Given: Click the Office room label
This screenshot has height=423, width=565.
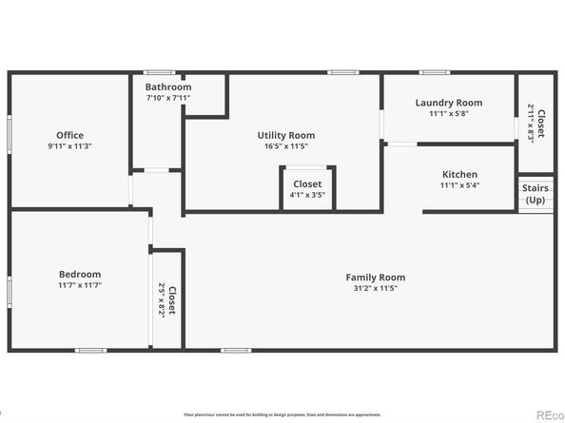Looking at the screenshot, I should click(x=69, y=135).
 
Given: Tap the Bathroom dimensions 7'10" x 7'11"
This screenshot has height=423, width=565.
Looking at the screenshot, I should click(x=168, y=98).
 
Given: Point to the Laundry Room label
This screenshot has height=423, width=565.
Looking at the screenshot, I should click(x=448, y=103).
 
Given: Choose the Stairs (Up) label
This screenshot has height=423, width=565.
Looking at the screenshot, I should click(x=536, y=194).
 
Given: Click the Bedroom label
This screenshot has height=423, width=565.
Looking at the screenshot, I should click(x=78, y=274).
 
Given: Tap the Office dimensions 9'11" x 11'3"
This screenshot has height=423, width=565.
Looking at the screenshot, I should click(x=69, y=146).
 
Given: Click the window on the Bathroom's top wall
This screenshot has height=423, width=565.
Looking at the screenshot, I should click(x=157, y=71).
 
